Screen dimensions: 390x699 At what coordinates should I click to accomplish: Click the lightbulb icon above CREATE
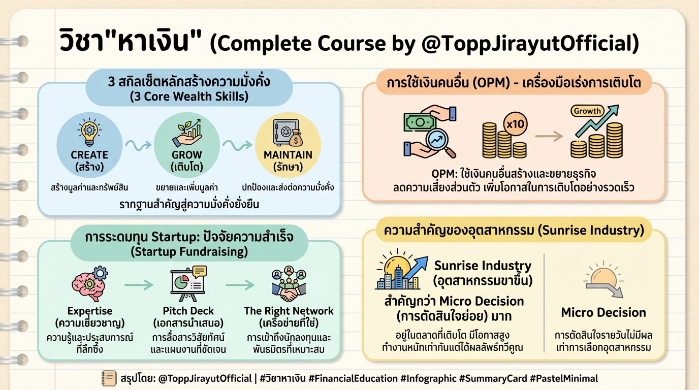point(89,132)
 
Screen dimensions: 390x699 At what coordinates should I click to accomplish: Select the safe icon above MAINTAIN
point(288,134)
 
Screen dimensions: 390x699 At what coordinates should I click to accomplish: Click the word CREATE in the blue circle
point(89,154)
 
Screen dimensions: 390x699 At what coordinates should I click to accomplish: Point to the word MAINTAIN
point(288,154)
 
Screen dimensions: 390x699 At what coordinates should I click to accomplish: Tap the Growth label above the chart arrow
point(587,111)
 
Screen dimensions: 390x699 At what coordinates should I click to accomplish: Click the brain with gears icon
point(89,284)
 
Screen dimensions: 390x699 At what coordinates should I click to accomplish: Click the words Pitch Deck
point(188,311)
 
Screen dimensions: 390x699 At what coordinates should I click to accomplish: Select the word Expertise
point(90,311)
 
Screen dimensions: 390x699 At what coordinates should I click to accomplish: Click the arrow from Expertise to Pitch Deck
point(139,285)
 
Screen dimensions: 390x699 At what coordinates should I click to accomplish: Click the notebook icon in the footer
point(109,378)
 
